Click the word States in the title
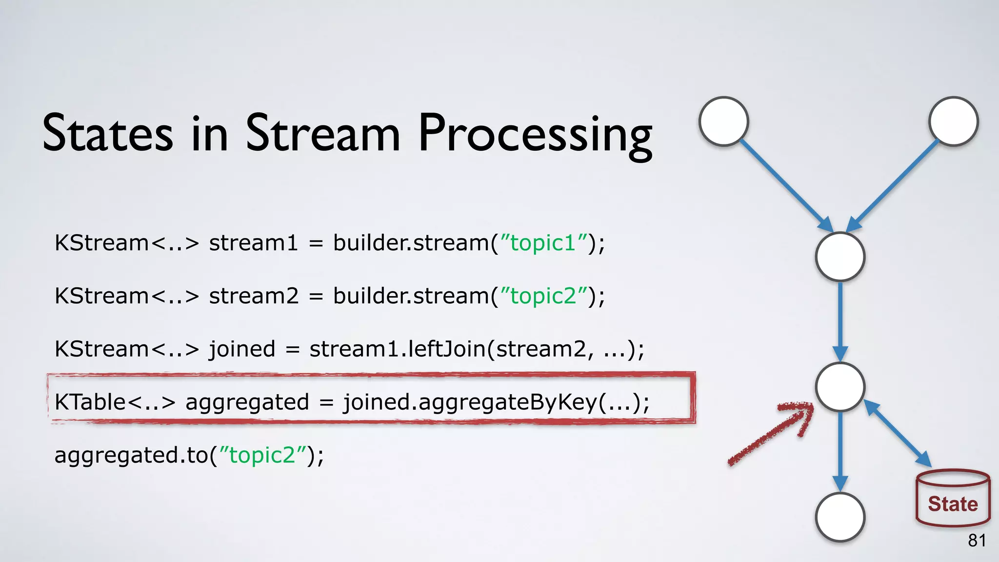point(107,133)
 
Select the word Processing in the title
point(535,135)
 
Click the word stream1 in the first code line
point(253,243)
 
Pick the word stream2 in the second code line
point(254,296)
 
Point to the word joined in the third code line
point(242,349)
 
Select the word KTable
point(90,402)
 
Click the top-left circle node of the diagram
point(724,121)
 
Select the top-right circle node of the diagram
point(953,121)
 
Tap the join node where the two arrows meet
point(840,257)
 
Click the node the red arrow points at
point(840,387)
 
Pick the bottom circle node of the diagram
point(840,517)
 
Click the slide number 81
point(977,541)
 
